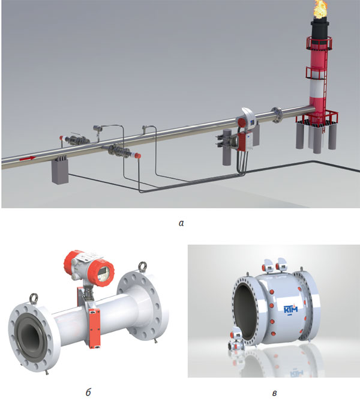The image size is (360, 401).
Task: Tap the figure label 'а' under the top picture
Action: tap(181, 223)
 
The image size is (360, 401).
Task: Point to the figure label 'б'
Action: tap(88, 391)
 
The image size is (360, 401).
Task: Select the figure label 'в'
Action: tap(274, 393)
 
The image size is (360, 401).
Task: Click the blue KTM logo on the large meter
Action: tap(291, 309)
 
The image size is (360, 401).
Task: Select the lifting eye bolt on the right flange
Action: tap(143, 267)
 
